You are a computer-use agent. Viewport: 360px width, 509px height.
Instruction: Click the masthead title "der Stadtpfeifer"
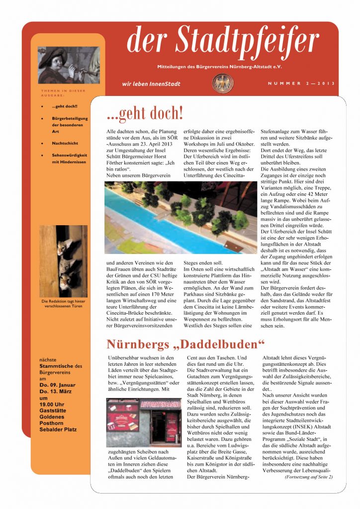click(x=222, y=41)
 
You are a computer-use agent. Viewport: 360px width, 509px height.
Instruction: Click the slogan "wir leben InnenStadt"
click(x=151, y=84)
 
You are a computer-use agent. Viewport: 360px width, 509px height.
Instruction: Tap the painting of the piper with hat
click(x=68, y=65)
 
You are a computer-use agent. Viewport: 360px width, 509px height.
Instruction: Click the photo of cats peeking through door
click(x=63, y=261)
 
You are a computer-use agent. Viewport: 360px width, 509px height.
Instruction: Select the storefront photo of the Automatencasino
click(x=143, y=422)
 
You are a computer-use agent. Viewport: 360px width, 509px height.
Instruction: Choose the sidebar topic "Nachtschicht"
click(x=65, y=143)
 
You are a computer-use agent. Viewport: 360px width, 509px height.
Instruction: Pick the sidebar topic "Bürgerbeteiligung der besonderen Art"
click(x=70, y=125)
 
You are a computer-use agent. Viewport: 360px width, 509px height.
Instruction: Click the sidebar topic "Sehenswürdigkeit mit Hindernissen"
click(x=69, y=158)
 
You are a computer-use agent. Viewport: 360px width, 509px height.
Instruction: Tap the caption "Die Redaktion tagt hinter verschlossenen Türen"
click(x=63, y=304)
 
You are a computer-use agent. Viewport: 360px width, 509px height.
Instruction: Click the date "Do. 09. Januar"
click(x=58, y=385)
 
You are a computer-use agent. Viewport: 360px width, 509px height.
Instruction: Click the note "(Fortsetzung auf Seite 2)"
click(x=308, y=477)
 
